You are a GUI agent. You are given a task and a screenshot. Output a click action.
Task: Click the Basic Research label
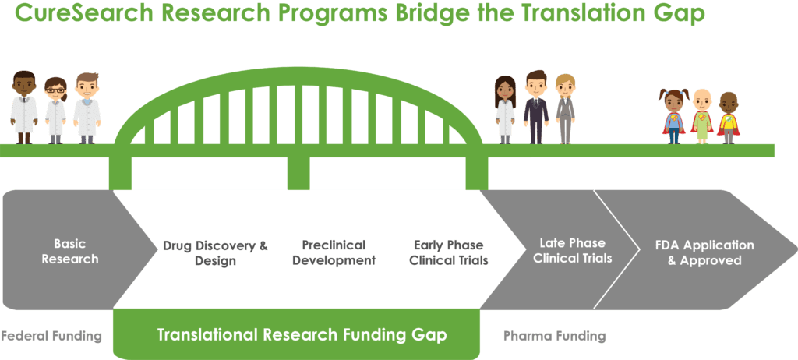tap(69, 251)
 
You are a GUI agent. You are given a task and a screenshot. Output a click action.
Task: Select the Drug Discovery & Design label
tap(215, 253)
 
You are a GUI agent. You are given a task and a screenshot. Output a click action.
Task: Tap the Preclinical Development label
tap(334, 252)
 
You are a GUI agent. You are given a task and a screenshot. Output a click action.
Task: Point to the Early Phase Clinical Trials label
tap(449, 252)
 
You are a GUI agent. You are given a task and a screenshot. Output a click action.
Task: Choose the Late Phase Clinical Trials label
tap(573, 250)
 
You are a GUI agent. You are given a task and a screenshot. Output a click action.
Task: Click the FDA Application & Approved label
tap(704, 252)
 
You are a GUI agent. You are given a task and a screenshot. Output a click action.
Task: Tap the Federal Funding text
tap(51, 336)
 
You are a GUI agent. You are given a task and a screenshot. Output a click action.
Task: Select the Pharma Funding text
tap(555, 336)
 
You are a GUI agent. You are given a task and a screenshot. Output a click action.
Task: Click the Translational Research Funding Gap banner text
tap(302, 334)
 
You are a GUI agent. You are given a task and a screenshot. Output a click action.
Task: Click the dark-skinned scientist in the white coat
tap(24, 108)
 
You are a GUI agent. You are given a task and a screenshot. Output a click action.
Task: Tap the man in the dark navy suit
tap(536, 107)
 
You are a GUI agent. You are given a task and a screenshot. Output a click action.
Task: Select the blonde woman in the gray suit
tap(565, 109)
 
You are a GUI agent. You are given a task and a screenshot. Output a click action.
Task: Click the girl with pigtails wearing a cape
tap(674, 116)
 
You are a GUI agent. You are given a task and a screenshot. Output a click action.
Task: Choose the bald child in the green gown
tap(702, 117)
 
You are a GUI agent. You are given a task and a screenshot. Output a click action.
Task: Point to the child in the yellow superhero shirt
tap(729, 118)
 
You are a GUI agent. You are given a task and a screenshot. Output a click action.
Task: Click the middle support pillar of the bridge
tap(298, 173)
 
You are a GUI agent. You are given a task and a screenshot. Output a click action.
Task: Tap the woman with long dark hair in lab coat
tap(505, 109)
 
